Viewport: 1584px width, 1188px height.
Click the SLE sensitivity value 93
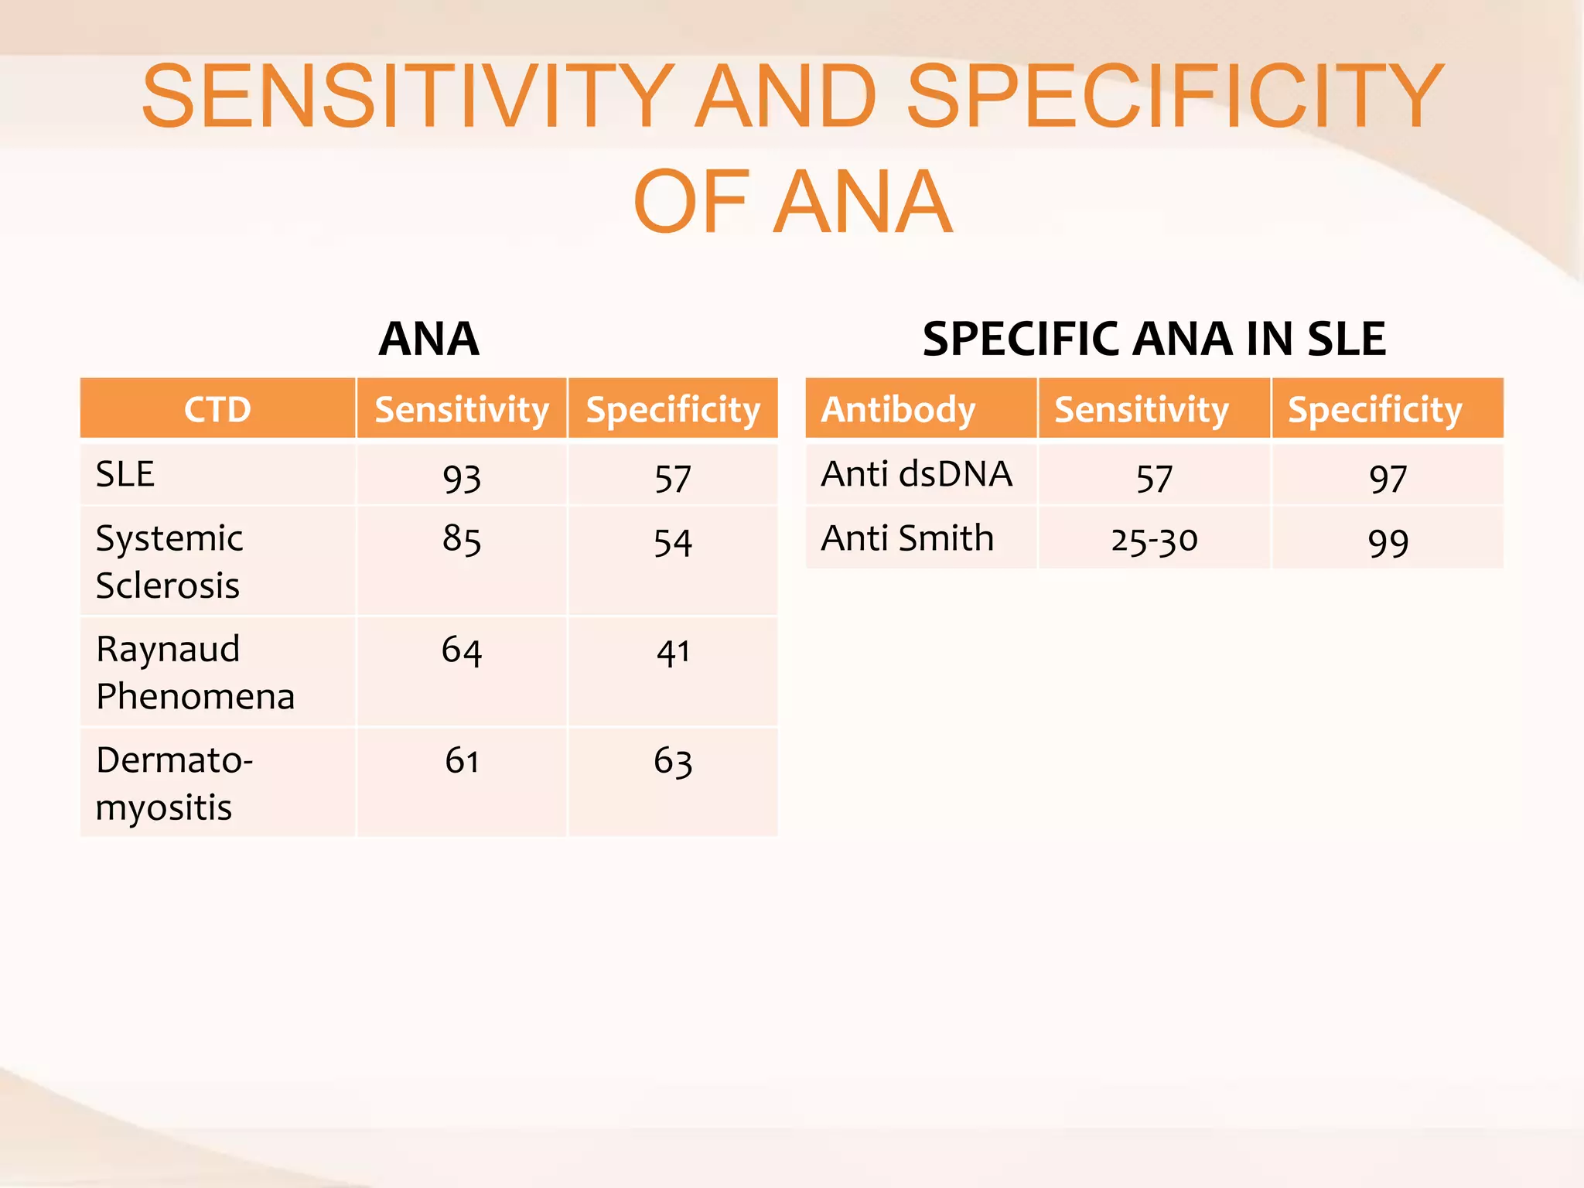pyautogui.click(x=462, y=478)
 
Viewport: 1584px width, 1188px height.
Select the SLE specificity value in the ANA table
pyautogui.click(x=673, y=478)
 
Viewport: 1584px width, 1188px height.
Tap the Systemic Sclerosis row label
pyautogui.click(x=169, y=562)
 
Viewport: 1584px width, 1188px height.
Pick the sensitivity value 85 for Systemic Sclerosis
pyautogui.click(x=462, y=538)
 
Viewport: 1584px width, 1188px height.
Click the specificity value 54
pyautogui.click(x=673, y=542)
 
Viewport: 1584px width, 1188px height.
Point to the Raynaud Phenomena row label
pyautogui.click(x=195, y=672)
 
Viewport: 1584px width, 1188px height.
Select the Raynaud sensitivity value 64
pyautogui.click(x=462, y=650)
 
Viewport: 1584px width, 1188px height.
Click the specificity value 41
pyautogui.click(x=673, y=652)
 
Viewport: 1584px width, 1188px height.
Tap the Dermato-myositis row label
pyautogui.click(x=174, y=783)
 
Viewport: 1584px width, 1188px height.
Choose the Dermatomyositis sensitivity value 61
pyautogui.click(x=462, y=761)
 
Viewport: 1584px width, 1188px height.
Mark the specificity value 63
pyautogui.click(x=673, y=761)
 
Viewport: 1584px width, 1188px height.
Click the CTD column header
pyautogui.click(x=217, y=409)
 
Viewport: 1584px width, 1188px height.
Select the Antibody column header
pyautogui.click(x=898, y=409)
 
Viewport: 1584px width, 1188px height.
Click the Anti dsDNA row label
pyautogui.click(x=917, y=474)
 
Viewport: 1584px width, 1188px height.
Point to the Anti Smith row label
pyautogui.click(x=907, y=538)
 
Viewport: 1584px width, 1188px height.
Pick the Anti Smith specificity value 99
pyautogui.click(x=1388, y=542)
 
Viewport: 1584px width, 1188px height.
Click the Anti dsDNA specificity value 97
pyautogui.click(x=1388, y=478)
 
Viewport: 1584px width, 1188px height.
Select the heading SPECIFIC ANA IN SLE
pyautogui.click(x=1154, y=339)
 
